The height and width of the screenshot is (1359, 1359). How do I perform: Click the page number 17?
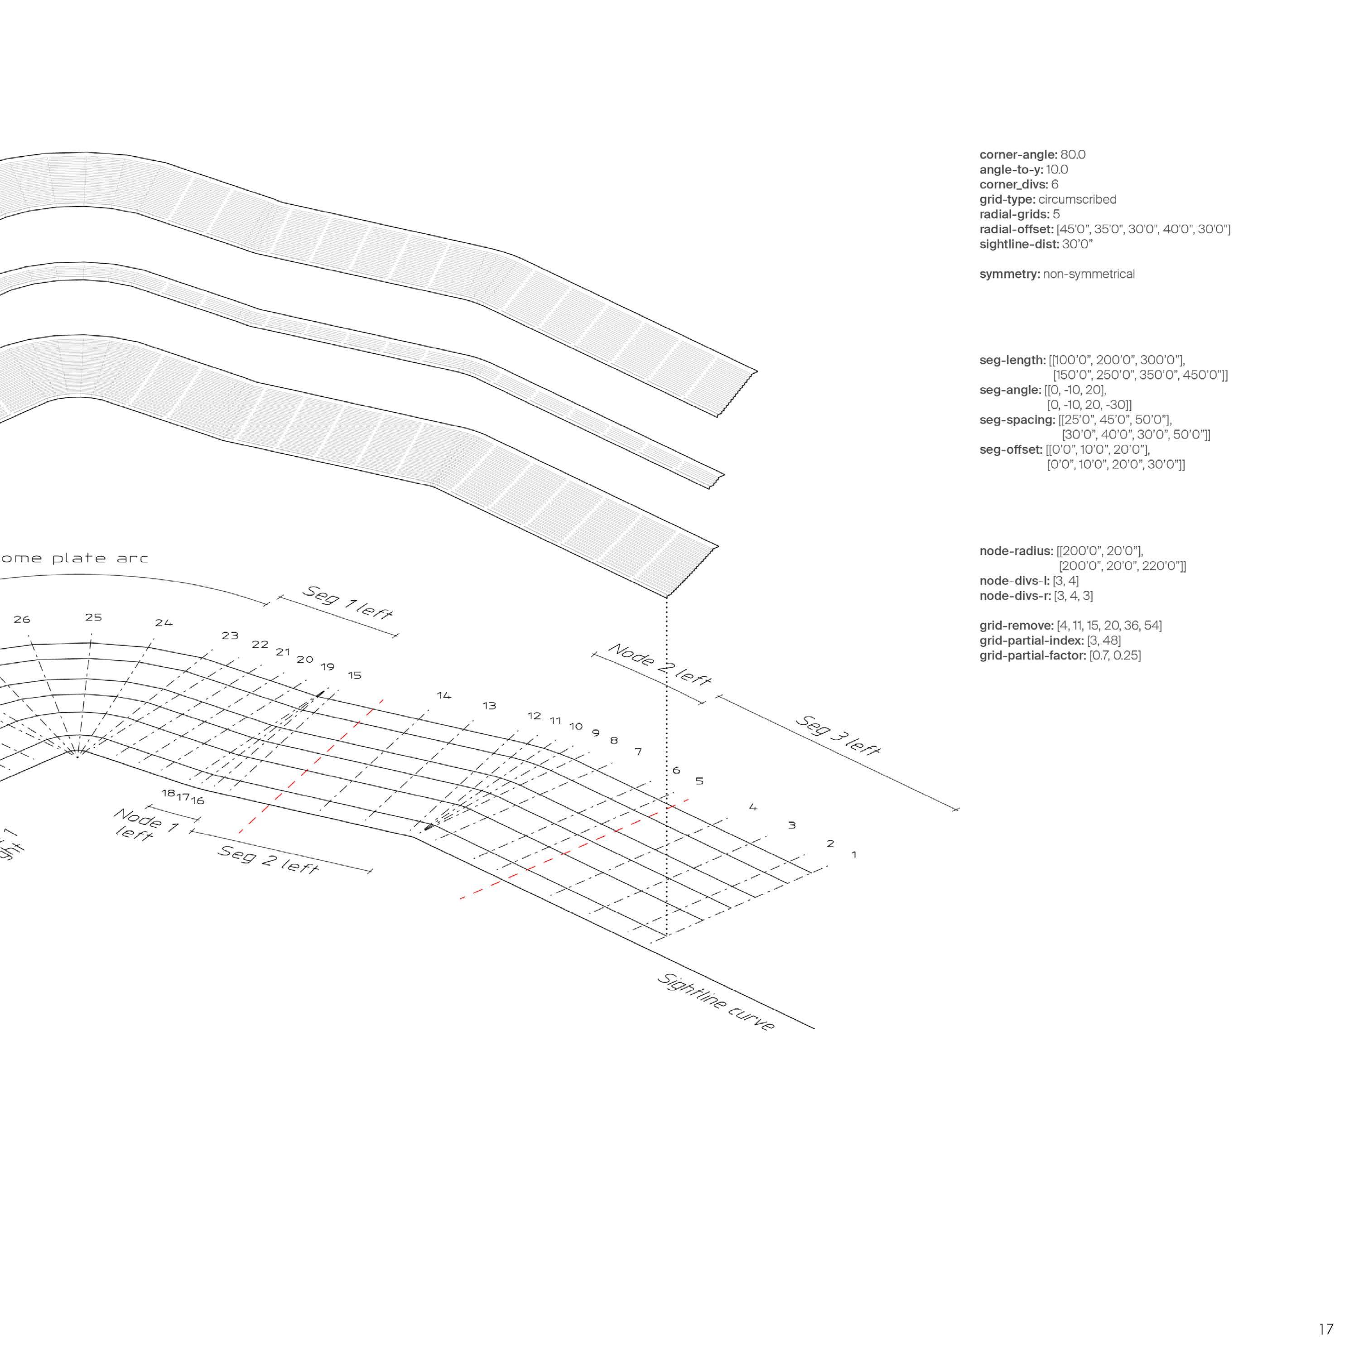[x=1326, y=1329]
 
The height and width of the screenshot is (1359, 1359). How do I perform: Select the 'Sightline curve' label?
[x=715, y=1002]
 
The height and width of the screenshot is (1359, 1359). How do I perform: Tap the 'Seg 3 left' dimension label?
[x=838, y=735]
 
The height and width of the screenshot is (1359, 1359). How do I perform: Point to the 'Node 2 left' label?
[x=660, y=663]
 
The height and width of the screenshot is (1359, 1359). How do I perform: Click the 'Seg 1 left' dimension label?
[x=347, y=602]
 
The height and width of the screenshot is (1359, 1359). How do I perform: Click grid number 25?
[x=94, y=617]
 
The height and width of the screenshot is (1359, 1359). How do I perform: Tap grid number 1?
[x=854, y=855]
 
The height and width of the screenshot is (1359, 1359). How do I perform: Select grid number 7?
[x=638, y=751]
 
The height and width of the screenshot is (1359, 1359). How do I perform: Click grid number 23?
[x=230, y=635]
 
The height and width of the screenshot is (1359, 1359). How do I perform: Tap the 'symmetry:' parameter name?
[x=1009, y=275]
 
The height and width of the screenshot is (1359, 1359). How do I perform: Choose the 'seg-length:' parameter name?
[x=1012, y=360]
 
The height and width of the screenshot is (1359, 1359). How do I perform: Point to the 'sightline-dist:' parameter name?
[x=1018, y=245]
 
